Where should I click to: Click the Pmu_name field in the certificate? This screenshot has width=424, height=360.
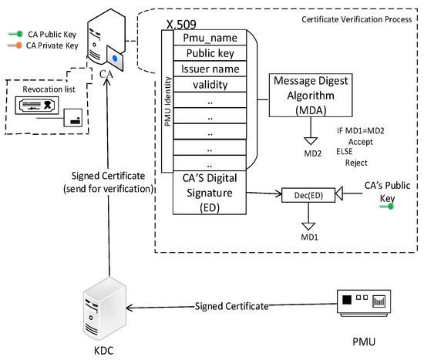[x=210, y=36]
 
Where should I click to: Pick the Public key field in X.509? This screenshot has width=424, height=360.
[x=210, y=53]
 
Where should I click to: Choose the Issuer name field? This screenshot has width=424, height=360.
[x=210, y=69]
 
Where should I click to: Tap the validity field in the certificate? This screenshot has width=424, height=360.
[x=210, y=86]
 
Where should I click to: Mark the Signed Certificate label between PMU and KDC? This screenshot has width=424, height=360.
[x=231, y=306]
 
